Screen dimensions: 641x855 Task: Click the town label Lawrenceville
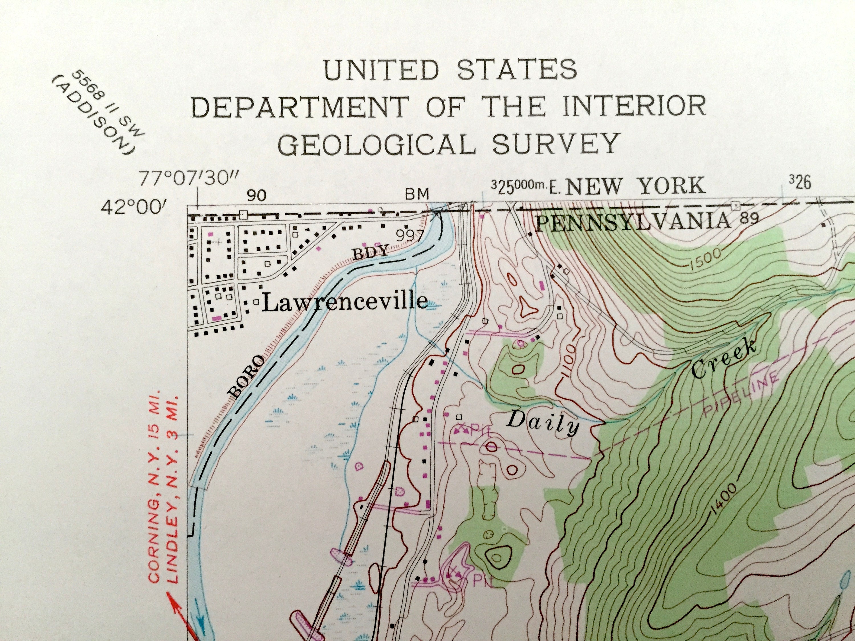[x=345, y=302]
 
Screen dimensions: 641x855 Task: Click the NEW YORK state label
[x=635, y=186]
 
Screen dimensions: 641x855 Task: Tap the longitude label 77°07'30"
[x=190, y=179]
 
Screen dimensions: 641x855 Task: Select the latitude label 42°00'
[x=133, y=208]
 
